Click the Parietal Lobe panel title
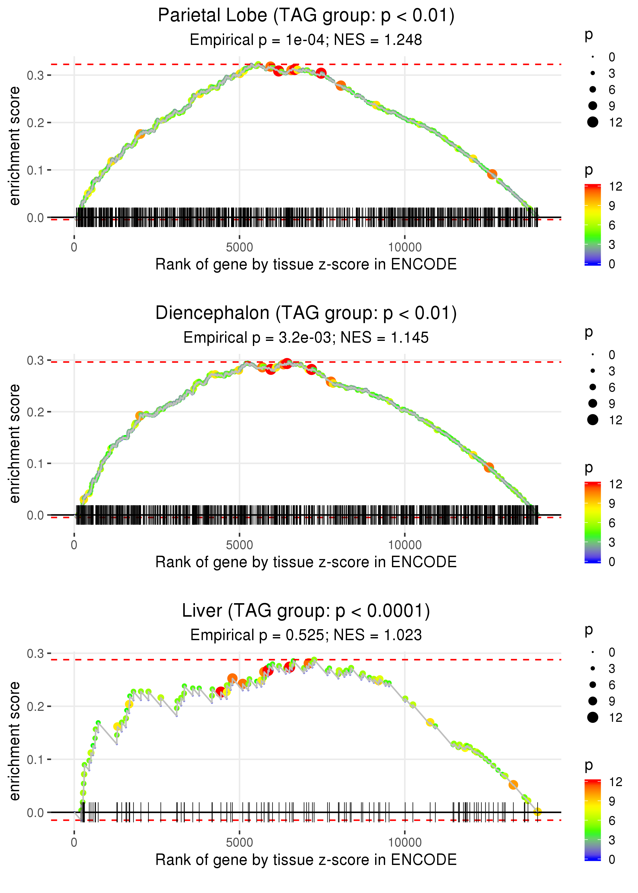point(306,16)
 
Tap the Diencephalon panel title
point(306,313)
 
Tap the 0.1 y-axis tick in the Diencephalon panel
point(35,464)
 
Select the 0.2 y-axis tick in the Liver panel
point(35,706)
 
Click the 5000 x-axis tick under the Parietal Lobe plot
point(239,247)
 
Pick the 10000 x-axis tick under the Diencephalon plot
point(405,545)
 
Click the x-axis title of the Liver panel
point(306,860)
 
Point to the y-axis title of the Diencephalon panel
point(15,444)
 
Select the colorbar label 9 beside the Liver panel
point(612,801)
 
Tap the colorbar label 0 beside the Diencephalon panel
point(612,562)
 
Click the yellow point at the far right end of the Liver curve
point(537,812)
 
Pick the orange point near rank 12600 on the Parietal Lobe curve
point(492,174)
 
